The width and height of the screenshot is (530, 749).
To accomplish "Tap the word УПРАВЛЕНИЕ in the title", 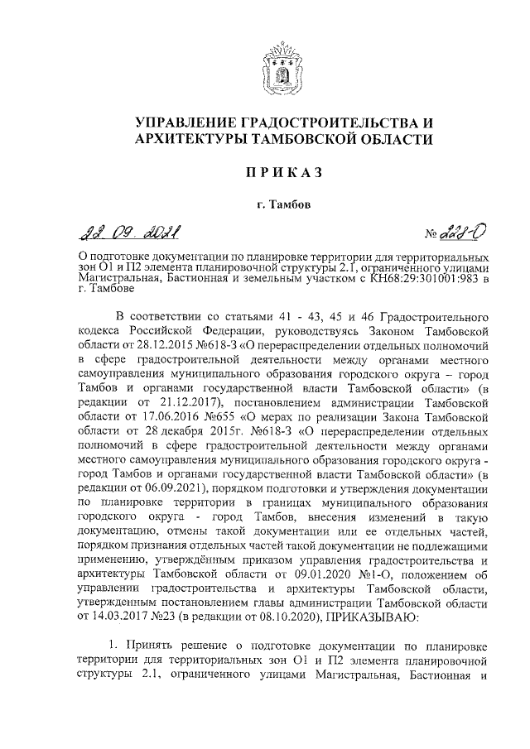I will click(198, 122).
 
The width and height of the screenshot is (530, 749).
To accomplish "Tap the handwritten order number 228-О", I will click(454, 234).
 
